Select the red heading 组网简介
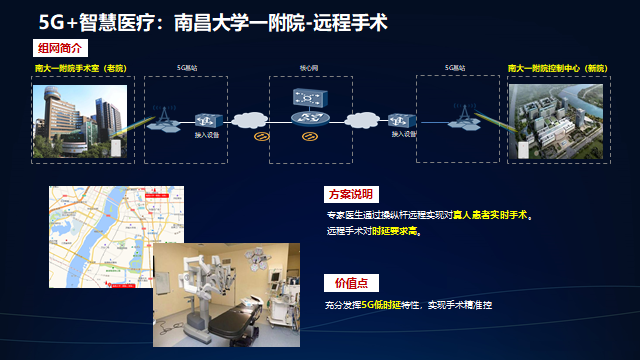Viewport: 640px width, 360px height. [x=61, y=48]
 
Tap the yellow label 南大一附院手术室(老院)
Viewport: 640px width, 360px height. [x=80, y=68]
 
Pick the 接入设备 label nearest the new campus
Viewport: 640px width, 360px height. [x=404, y=134]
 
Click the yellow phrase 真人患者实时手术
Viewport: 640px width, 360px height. [x=491, y=214]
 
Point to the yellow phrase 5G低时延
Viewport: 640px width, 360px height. [x=383, y=303]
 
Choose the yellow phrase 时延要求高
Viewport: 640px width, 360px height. [x=398, y=230]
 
